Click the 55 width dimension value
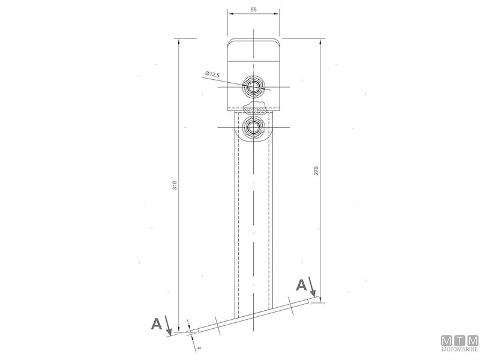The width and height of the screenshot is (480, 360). coord(253,10)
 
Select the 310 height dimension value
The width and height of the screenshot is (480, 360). coord(175,185)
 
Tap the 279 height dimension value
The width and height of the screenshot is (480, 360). coord(316,170)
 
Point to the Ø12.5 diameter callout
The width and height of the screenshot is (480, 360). coord(212,74)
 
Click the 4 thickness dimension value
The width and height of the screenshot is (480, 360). coord(199,348)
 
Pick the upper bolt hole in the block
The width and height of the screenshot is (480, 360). coord(253,87)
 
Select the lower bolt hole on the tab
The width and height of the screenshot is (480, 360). coord(253,127)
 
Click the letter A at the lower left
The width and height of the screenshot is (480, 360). coord(157,323)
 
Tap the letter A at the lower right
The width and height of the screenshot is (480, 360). coord(301,286)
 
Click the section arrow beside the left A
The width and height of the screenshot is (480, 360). coord(168,325)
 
